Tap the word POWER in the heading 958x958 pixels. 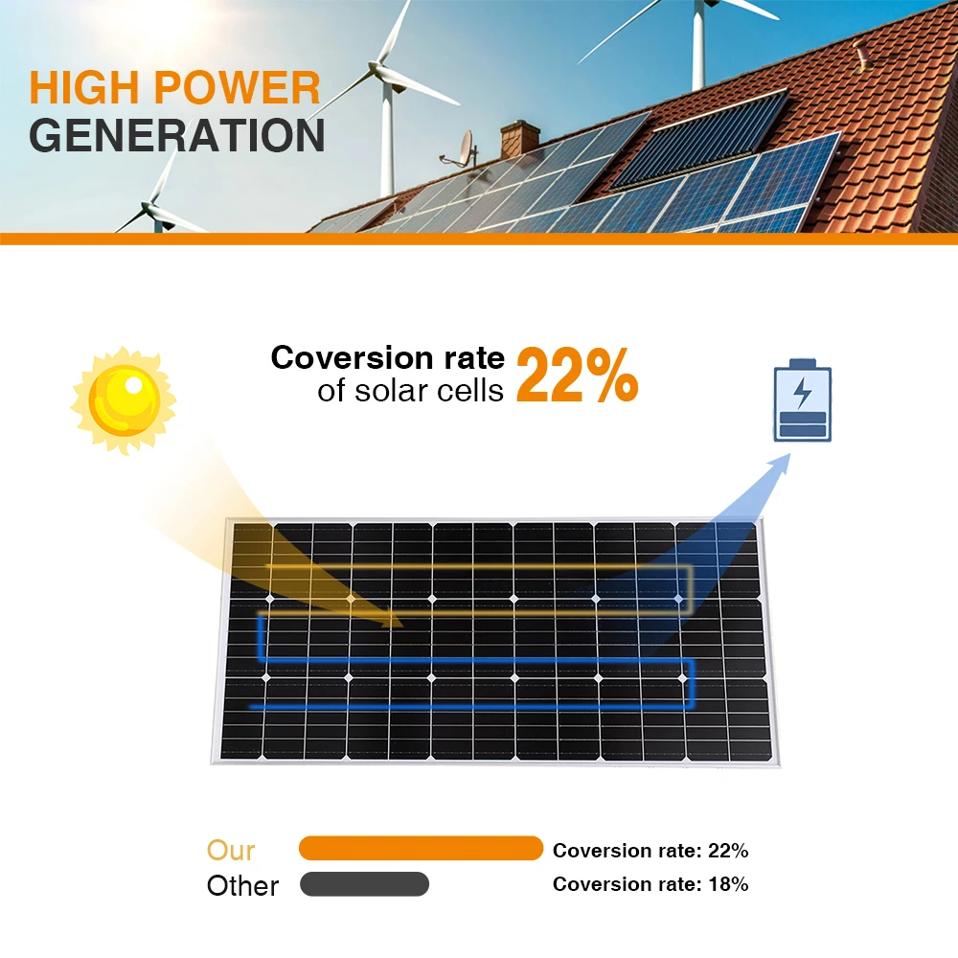coord(237,88)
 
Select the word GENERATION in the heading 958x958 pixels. coord(177,135)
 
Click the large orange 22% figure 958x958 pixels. coord(578,376)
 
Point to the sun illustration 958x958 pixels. coord(124,400)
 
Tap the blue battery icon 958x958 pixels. coord(803,400)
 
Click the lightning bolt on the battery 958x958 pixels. coord(802,393)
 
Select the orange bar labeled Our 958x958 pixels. coord(421,849)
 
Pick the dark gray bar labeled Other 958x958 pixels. coord(364,884)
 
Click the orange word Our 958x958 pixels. coord(231,850)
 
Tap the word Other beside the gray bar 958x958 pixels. coord(242,886)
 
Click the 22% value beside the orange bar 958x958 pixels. coord(728,851)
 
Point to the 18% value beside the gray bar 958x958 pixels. coord(728,884)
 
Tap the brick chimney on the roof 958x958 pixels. coord(520,139)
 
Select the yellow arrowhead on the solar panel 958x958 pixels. coord(391,618)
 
